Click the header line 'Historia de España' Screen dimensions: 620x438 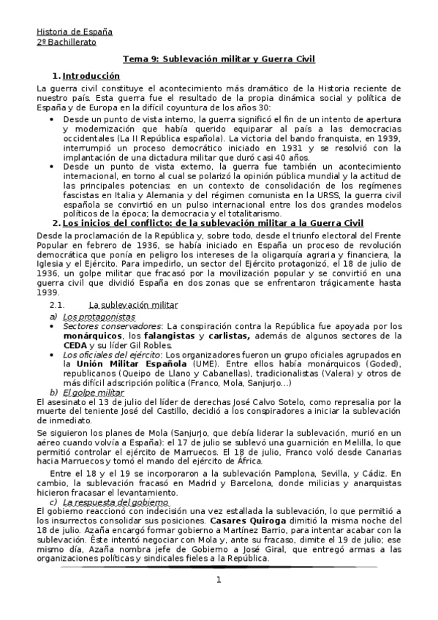pyautogui.click(x=73, y=31)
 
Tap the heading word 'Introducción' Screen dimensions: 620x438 pyautogui.click(x=91, y=76)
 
